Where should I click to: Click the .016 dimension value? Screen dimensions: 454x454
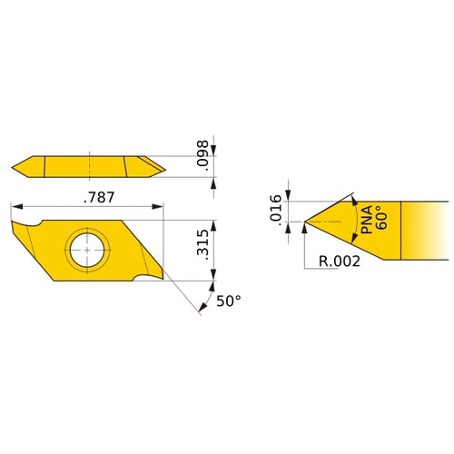276,210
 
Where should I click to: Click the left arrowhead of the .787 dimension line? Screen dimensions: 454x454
13,205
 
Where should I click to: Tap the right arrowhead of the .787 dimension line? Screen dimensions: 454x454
160,205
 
